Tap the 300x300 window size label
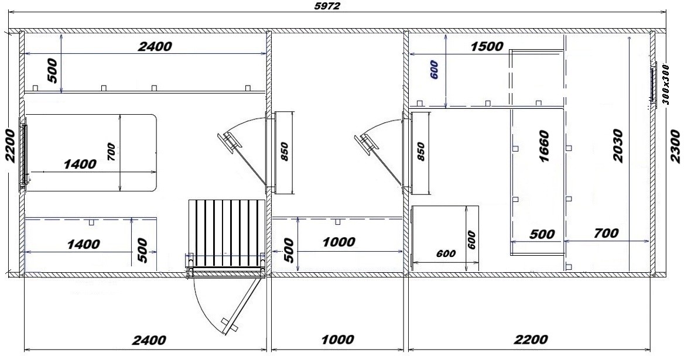coord(665,84)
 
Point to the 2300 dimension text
coord(676,147)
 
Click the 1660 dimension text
coord(544,146)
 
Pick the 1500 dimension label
coord(487,46)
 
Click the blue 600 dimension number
coord(434,70)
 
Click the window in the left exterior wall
coord(23,155)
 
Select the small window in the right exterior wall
coord(653,83)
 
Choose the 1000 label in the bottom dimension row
coord(337,340)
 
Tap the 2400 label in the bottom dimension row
coord(148,340)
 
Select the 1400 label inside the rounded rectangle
coord(80,164)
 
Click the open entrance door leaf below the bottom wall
coord(241,304)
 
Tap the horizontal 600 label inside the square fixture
coord(446,253)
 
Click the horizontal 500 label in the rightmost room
coord(542,235)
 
